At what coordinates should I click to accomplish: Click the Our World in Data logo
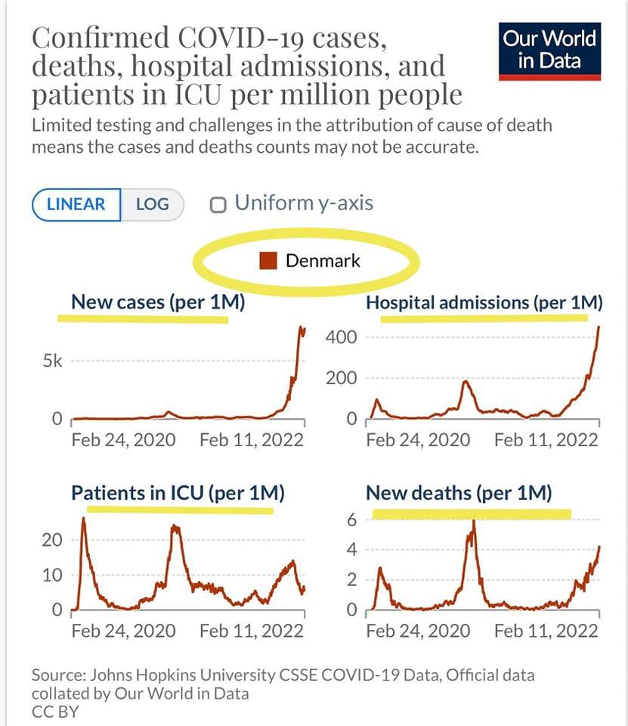pyautogui.click(x=549, y=50)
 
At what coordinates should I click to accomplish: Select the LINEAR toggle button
pyautogui.click(x=76, y=204)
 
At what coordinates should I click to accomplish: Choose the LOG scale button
pyautogui.click(x=152, y=204)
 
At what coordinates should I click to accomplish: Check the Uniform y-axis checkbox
pyautogui.click(x=219, y=205)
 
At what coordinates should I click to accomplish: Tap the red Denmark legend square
pyautogui.click(x=268, y=261)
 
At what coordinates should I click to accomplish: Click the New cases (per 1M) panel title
pyautogui.click(x=158, y=302)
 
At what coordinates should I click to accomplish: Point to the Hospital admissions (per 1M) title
pyautogui.click(x=484, y=302)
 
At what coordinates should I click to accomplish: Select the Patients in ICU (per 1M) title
pyautogui.click(x=178, y=493)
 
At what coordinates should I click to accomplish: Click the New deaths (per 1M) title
pyautogui.click(x=459, y=493)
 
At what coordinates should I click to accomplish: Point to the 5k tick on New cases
pyautogui.click(x=51, y=361)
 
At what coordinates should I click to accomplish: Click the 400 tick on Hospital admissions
pyautogui.click(x=342, y=337)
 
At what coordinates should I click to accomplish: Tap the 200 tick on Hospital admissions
pyautogui.click(x=342, y=377)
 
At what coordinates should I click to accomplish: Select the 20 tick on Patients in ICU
pyautogui.click(x=51, y=540)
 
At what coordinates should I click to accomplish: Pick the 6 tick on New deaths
pyautogui.click(x=351, y=520)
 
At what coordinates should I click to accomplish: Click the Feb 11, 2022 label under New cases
pyautogui.click(x=252, y=439)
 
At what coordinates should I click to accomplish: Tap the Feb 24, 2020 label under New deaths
pyautogui.click(x=418, y=630)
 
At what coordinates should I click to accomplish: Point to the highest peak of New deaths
pyautogui.click(x=473, y=522)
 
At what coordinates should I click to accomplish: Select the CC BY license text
pyautogui.click(x=55, y=712)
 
